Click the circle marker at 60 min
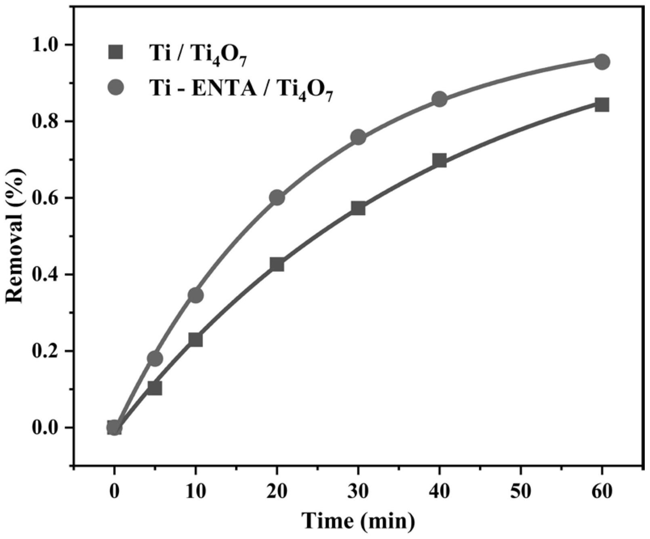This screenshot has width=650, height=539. (x=602, y=62)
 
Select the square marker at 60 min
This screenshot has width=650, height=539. (x=602, y=105)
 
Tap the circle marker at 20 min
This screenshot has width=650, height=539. (x=277, y=198)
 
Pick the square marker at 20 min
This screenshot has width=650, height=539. (x=277, y=265)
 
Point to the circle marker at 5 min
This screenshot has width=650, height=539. (x=155, y=358)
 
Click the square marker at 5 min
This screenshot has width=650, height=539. (x=155, y=388)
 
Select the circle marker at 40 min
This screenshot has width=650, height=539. (x=439, y=99)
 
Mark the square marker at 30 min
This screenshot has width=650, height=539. (x=358, y=208)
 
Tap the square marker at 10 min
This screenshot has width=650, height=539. (x=196, y=340)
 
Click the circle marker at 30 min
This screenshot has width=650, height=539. (x=358, y=137)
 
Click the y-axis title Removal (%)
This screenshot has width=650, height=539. (x=15, y=236)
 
